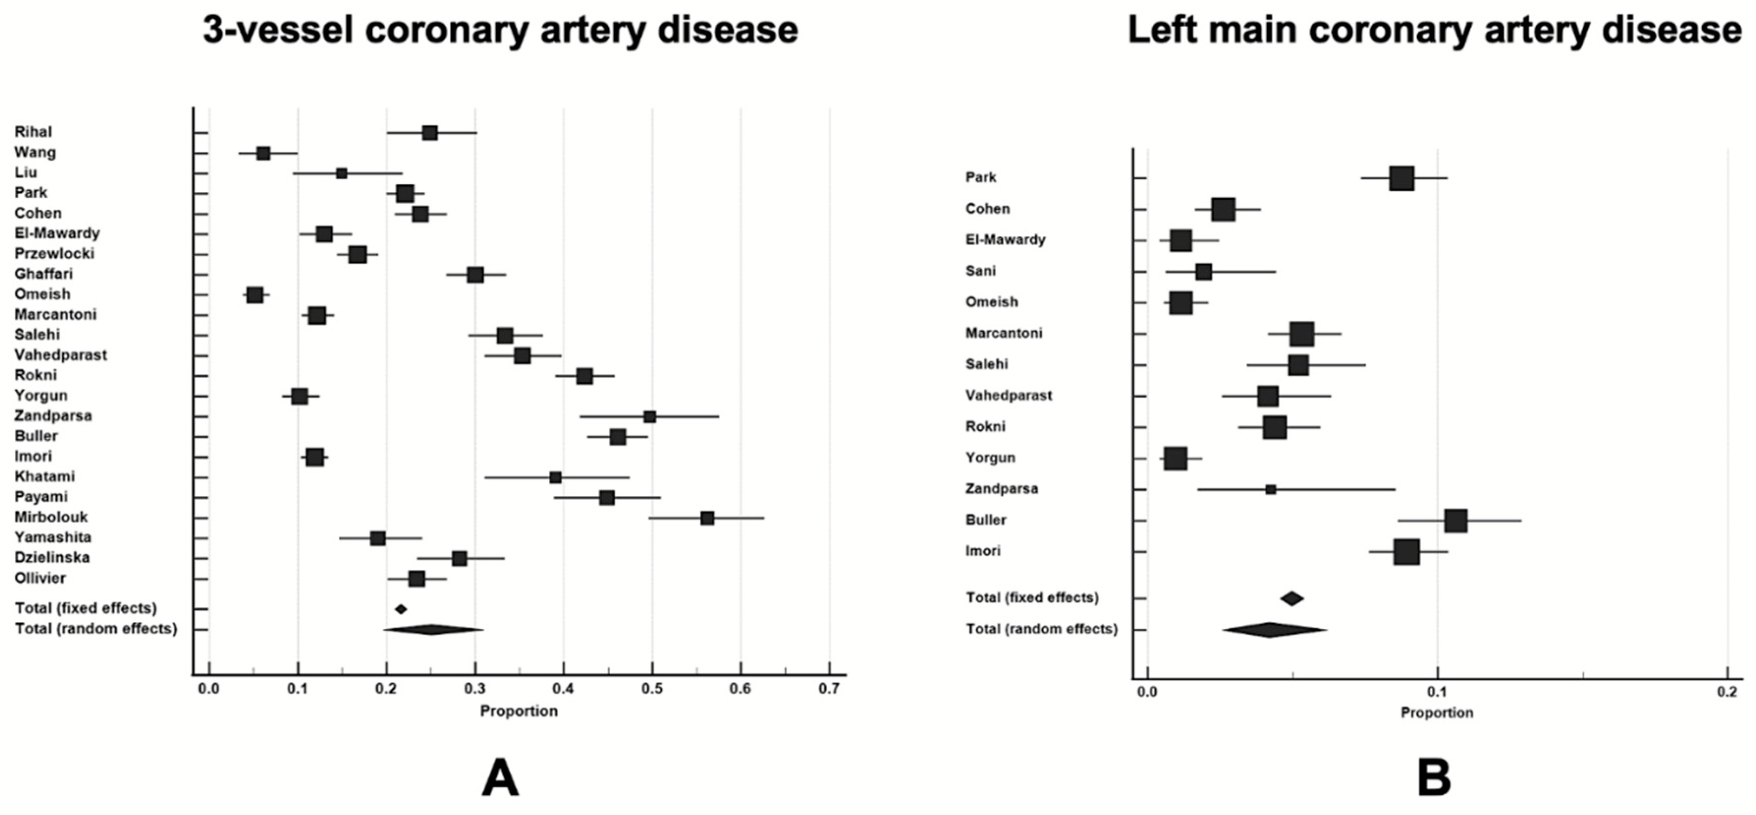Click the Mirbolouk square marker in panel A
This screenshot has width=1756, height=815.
707,518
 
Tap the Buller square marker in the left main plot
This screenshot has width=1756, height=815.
1456,520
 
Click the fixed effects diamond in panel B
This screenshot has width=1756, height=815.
1292,599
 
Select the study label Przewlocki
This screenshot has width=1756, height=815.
54,253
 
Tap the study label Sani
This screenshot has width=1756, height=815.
980,271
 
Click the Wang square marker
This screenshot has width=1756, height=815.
264,153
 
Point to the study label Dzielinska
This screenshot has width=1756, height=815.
52,558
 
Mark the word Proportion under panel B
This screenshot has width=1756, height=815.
1437,713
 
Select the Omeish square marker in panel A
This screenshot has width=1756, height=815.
255,295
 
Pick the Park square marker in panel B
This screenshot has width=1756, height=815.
1402,179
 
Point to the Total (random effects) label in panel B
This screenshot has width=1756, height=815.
1042,629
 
